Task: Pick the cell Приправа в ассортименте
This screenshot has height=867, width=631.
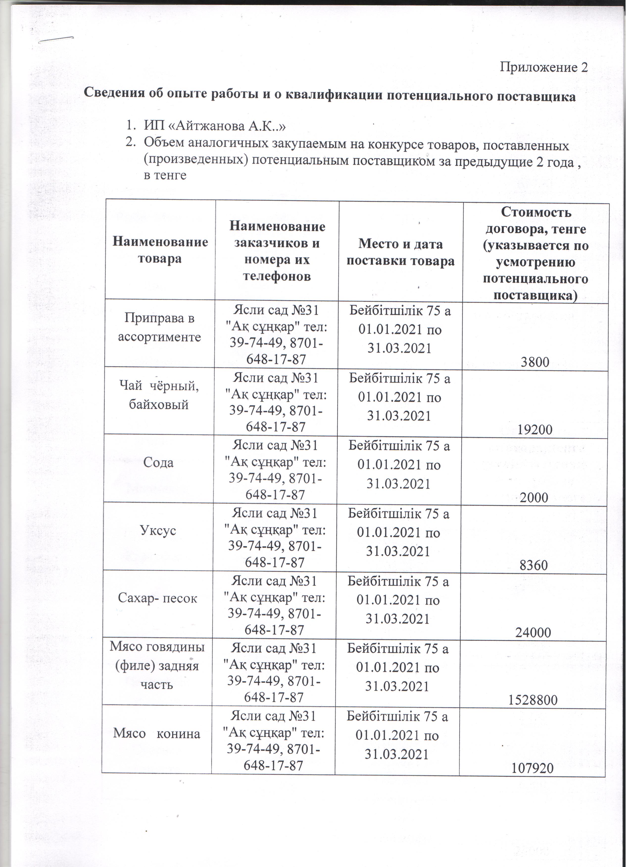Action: [x=159, y=328]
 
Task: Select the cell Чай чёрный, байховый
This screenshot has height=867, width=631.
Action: [x=159, y=395]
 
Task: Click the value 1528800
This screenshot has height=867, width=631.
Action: [x=533, y=700]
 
